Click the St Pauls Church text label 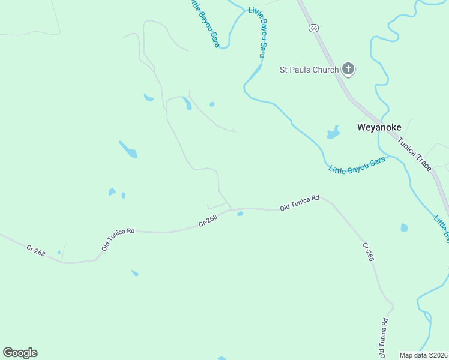coord(309,70)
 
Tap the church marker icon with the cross coord(348,69)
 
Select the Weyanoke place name coord(379,127)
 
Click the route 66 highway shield coord(313,28)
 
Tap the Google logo coord(20,352)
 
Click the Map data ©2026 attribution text coord(424,355)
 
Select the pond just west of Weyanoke coord(333,133)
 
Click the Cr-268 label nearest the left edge coord(35,251)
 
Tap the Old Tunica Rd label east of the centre coord(299,202)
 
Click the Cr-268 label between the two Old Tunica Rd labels coord(208,221)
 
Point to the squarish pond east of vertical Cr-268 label coord(404,227)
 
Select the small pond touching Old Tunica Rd coord(240,213)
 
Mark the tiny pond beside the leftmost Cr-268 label coord(59,253)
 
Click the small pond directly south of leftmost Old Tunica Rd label coord(135,273)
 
